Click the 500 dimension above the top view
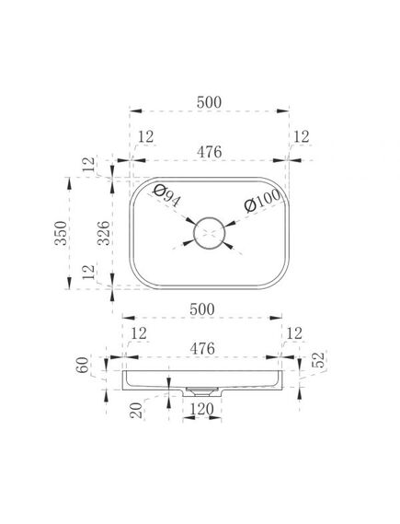pos(209,102)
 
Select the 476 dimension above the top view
pos(209,152)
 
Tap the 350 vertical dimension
pos(61,233)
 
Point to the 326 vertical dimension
pos(103,233)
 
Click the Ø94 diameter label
pos(166,196)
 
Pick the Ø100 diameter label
pos(262,201)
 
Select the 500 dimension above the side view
pos(202,309)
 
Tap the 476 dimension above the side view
pos(202,349)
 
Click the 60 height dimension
pos(83,365)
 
